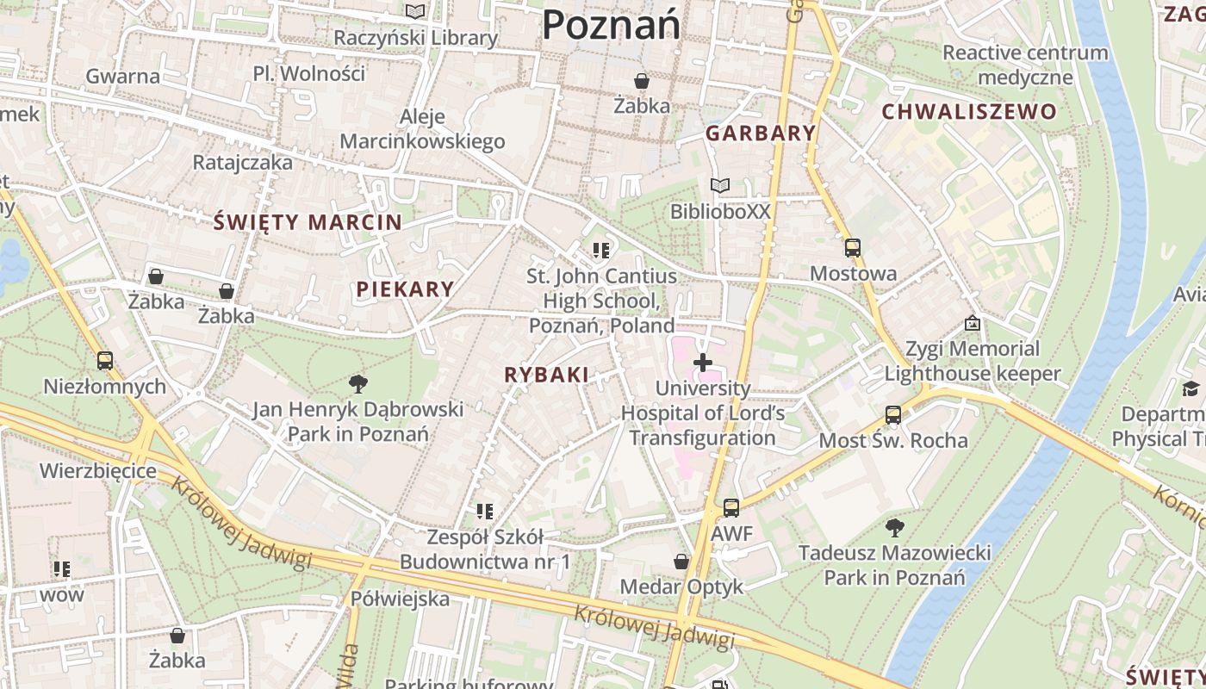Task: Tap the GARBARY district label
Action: coord(760,133)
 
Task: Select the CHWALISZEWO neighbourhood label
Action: coord(968,111)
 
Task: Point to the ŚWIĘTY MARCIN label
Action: coord(308,222)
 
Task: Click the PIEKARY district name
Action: coord(405,289)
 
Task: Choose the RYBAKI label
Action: coord(546,375)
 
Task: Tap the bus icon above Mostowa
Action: coord(852,248)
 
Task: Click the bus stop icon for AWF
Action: coord(731,508)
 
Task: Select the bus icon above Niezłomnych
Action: coord(105,361)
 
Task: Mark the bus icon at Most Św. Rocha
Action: coord(893,415)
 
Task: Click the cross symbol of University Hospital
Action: coord(703,363)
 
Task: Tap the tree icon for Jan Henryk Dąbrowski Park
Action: coord(357,383)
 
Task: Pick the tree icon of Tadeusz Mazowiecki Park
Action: coord(895,527)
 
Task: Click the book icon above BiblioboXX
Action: coord(720,185)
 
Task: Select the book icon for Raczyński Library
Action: coord(415,12)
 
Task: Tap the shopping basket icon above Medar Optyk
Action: coord(681,562)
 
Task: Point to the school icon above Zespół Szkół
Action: coord(485,512)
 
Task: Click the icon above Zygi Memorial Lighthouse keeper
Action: coord(973,323)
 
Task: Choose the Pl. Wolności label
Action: coord(309,73)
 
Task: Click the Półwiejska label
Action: coord(400,599)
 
